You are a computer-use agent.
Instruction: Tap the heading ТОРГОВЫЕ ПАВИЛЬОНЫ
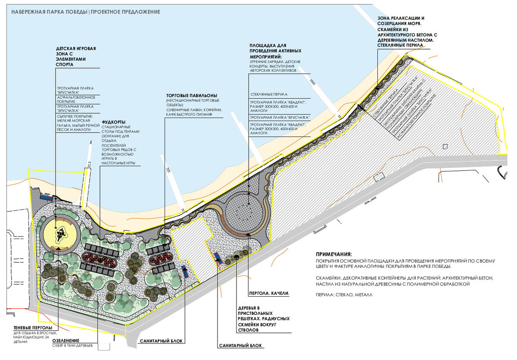pyautogui.click(x=192, y=95)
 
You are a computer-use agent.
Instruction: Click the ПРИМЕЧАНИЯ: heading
pyautogui.click(x=333, y=254)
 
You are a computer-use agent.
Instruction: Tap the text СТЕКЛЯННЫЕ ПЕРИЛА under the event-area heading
pyautogui.click(x=268, y=94)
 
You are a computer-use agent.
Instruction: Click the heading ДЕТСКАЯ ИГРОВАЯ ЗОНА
pyautogui.click(x=76, y=56)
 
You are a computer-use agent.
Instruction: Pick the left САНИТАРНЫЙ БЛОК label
pyautogui.click(x=162, y=341)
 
